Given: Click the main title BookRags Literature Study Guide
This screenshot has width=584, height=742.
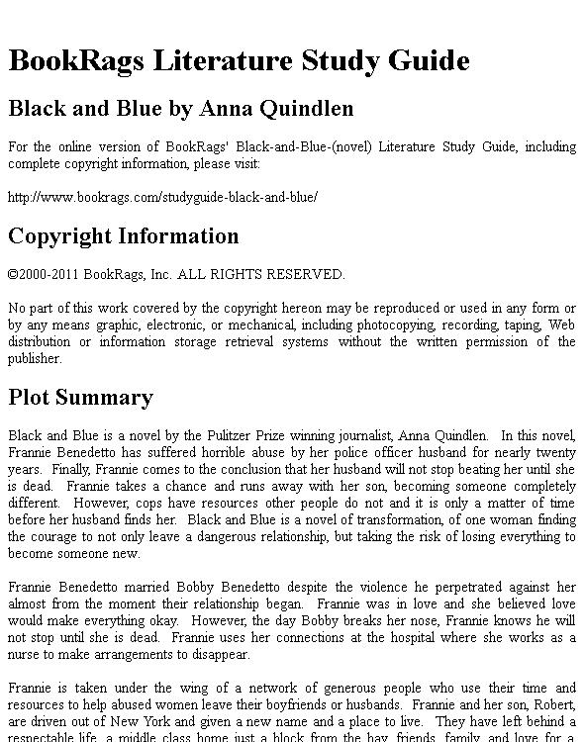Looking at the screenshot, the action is (x=239, y=60).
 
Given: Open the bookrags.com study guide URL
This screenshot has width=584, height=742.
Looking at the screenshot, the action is (x=162, y=197).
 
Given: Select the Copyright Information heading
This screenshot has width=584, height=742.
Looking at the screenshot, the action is (x=124, y=236).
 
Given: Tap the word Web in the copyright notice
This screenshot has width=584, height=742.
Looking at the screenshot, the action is (x=562, y=324).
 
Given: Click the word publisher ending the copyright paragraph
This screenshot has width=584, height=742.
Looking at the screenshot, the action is (x=35, y=359).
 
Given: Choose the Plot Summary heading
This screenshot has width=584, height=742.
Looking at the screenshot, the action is (x=80, y=398).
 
